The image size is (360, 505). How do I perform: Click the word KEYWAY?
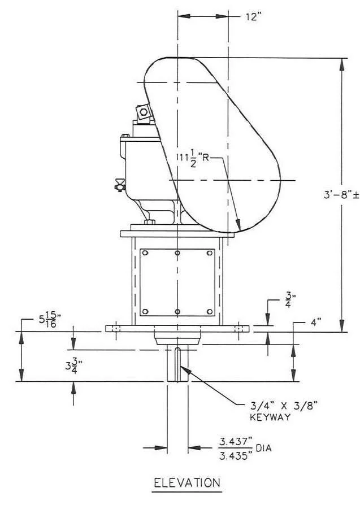[270, 417]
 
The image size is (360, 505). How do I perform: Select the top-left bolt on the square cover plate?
[146, 253]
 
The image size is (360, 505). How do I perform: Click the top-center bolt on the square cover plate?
[177, 253]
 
